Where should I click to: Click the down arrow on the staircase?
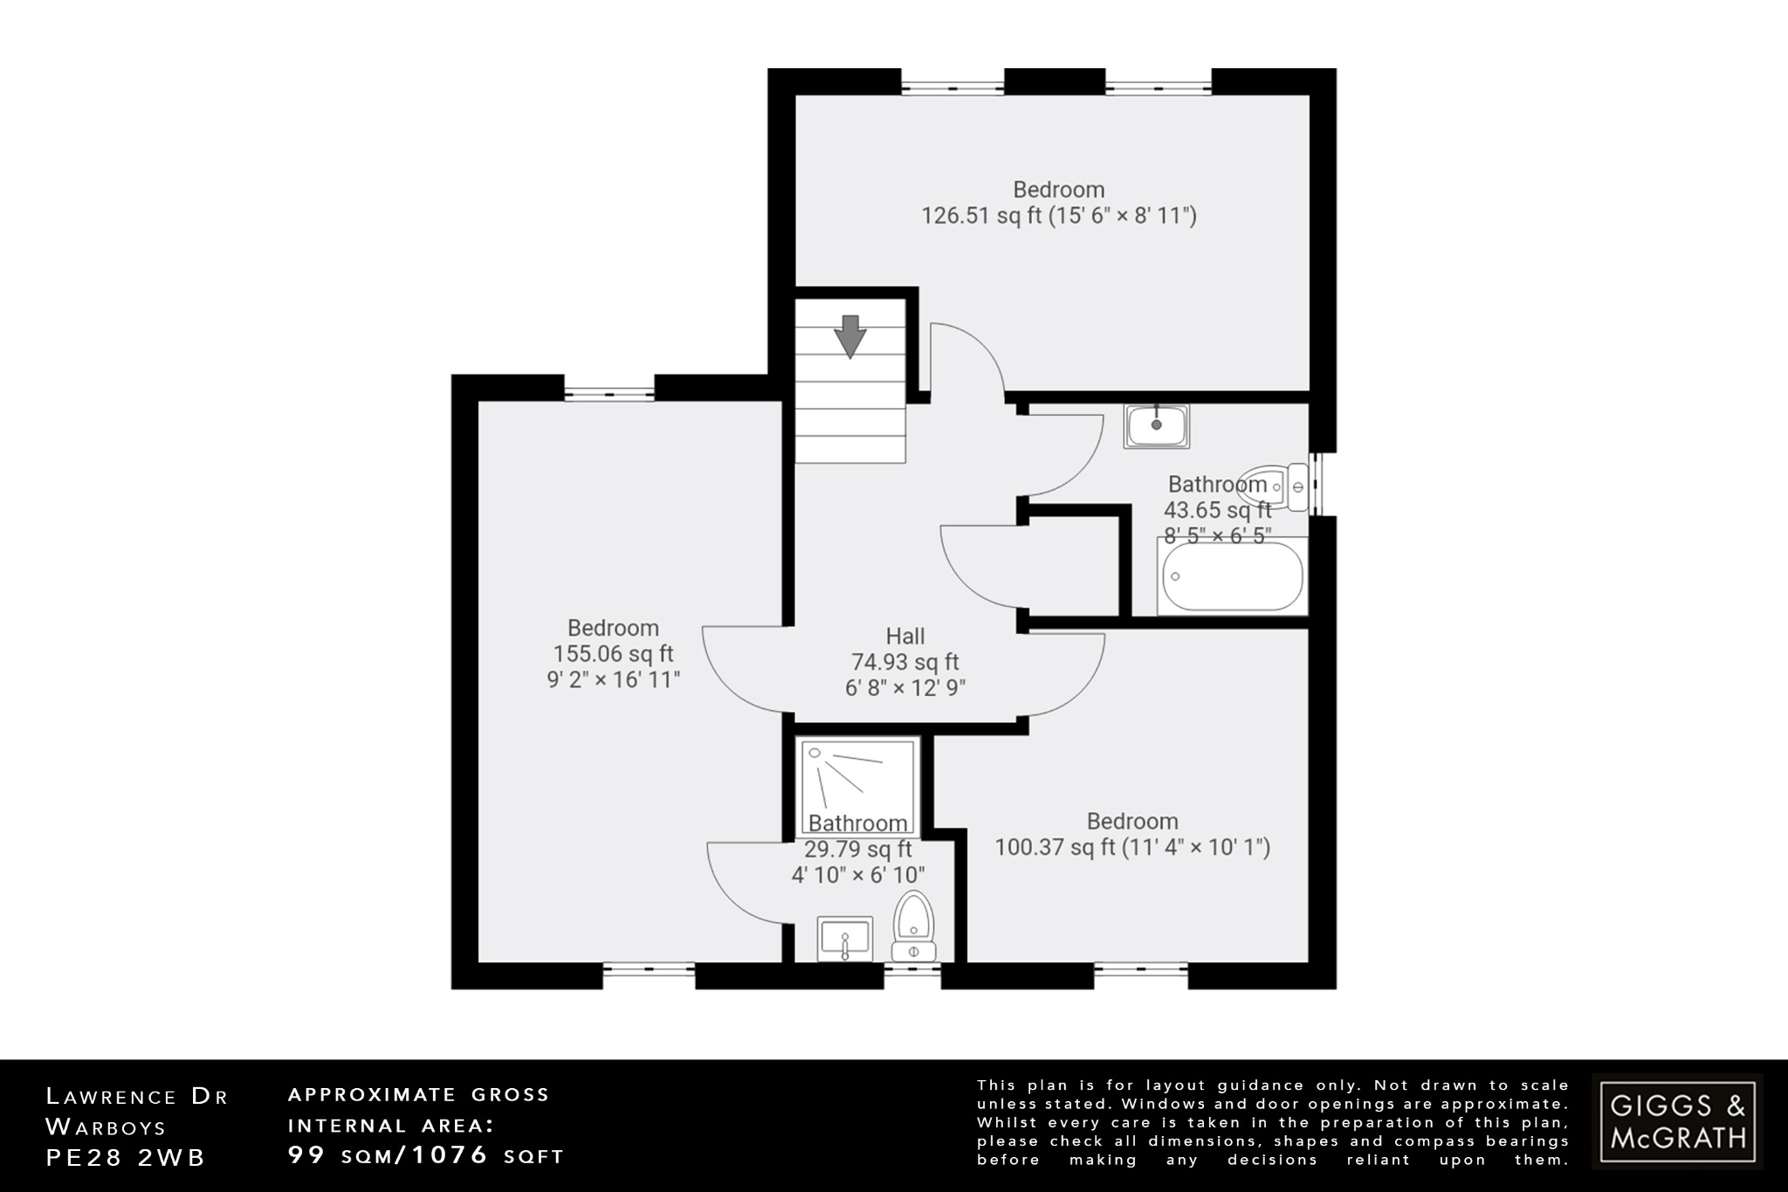[x=849, y=336]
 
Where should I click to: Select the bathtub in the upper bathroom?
[x=1232, y=577]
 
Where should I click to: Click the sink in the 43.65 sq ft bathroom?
[x=1156, y=426]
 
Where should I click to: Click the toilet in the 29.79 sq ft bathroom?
[x=914, y=926]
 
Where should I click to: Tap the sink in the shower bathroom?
[x=844, y=939]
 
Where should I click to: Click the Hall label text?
[x=905, y=637]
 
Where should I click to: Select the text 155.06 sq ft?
[x=613, y=654]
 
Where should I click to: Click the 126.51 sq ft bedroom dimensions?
[x=1059, y=216]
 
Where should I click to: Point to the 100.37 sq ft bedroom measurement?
[x=1132, y=847]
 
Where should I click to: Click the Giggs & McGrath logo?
[x=1677, y=1121]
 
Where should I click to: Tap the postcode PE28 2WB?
[x=126, y=1158]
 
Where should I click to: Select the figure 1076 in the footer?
[x=450, y=1155]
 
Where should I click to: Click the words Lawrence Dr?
[x=136, y=1097]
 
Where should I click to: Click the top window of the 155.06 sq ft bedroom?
[x=609, y=395]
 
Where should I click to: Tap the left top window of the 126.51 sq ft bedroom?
[x=952, y=87]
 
